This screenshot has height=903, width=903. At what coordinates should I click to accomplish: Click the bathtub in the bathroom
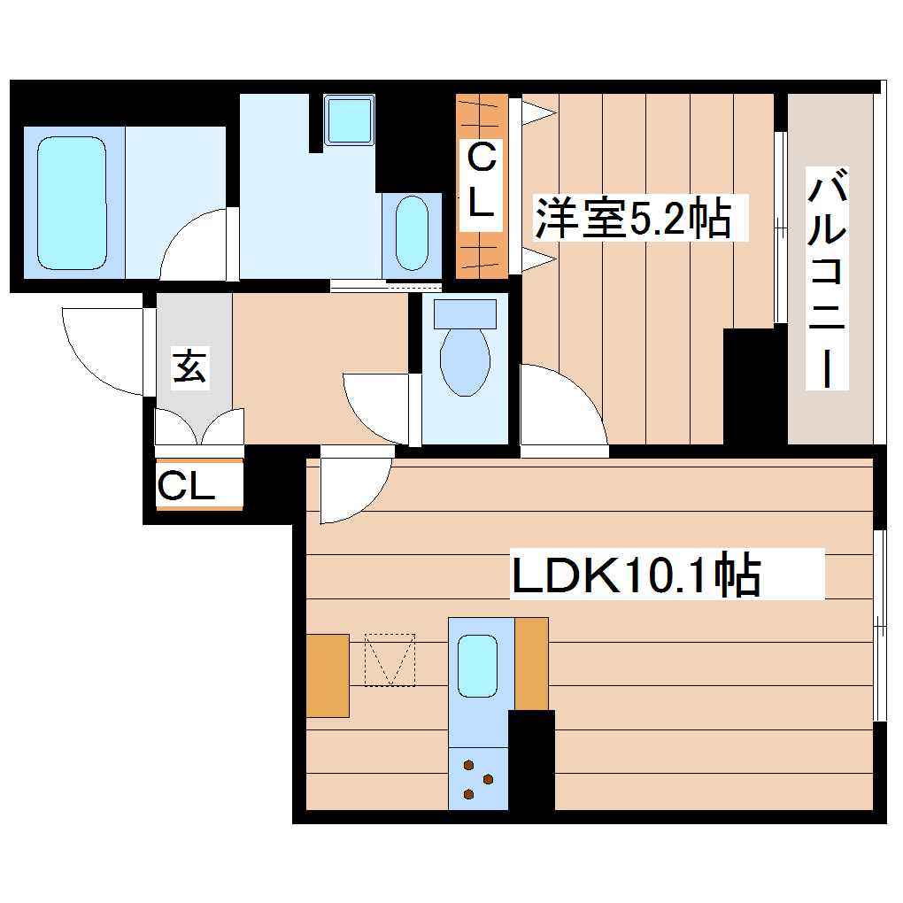point(72,203)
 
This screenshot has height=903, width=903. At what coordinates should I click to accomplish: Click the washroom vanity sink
point(411,233)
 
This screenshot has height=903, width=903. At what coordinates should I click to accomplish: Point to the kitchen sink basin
point(478,666)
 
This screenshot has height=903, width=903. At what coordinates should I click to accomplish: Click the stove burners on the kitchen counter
point(478,779)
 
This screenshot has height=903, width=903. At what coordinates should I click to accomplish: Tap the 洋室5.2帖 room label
point(632,218)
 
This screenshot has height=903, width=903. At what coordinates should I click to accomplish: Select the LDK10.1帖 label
point(636,576)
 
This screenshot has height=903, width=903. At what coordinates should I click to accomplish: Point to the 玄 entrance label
point(189,367)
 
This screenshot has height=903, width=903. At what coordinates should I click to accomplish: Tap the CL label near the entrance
point(187,486)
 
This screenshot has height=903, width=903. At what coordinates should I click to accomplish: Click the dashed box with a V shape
point(390,660)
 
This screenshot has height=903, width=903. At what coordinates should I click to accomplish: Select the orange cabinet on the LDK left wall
point(327,675)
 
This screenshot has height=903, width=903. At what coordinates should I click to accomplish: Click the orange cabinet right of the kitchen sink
point(531,663)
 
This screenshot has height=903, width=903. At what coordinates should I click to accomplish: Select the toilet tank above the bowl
point(465,313)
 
